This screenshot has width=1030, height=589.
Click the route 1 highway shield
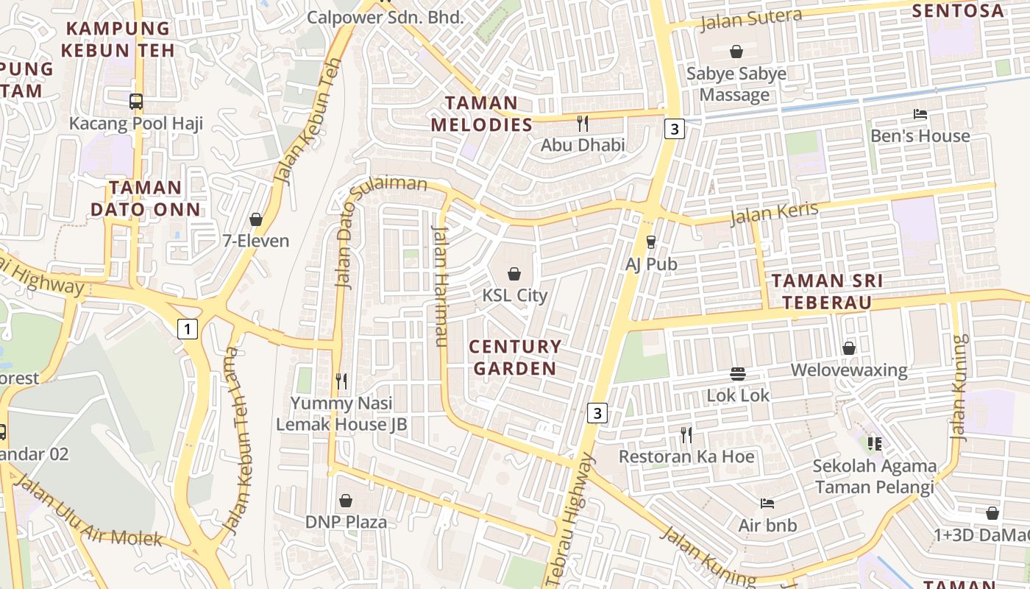(188, 329)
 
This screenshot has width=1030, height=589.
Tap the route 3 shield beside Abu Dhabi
(674, 129)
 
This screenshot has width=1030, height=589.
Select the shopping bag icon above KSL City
(514, 274)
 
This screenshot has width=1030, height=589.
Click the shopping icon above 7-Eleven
(256, 219)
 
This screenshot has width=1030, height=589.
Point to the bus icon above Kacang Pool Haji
(136, 102)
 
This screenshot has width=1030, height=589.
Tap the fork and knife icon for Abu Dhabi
(583, 123)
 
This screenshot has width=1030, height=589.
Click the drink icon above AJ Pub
(650, 241)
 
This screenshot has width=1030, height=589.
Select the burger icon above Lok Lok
(738, 373)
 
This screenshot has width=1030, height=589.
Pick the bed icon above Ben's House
(920, 114)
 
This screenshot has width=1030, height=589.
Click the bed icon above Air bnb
(767, 504)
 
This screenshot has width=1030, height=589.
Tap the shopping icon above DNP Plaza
(346, 501)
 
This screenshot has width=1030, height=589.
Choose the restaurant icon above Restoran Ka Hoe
(686, 434)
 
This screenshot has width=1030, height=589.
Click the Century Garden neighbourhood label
(515, 357)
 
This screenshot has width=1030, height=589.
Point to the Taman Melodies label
(481, 113)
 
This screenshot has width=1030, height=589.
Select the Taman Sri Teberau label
(827, 292)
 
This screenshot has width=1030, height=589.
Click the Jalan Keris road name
(774, 213)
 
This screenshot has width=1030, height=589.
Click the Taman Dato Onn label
(145, 198)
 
